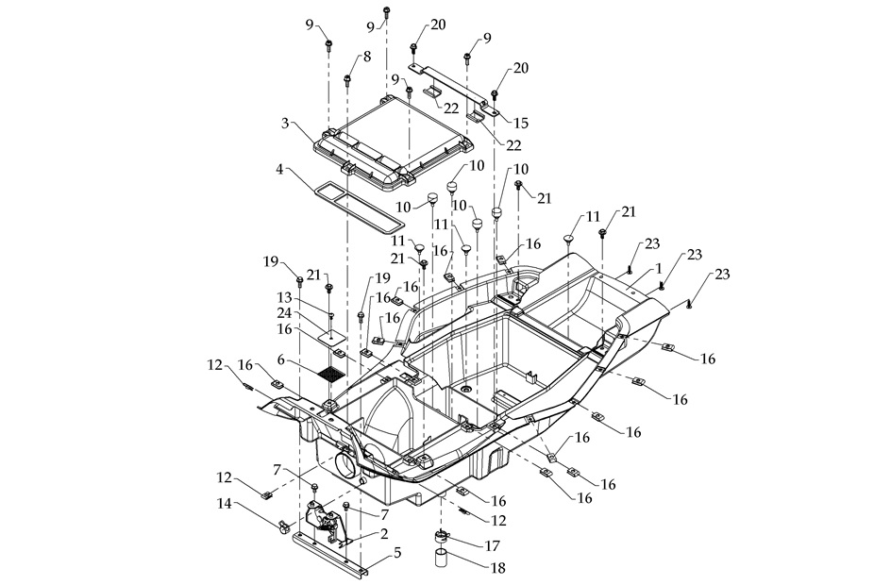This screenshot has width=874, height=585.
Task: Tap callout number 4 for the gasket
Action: click(280, 170)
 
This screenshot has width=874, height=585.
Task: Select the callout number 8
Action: click(366, 57)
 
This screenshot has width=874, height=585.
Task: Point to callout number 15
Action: click(521, 123)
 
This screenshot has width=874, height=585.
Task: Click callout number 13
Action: click(284, 296)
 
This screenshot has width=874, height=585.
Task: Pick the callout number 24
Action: click(284, 312)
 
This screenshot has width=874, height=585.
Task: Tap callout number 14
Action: click(224, 504)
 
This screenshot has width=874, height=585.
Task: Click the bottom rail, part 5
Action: click(330, 556)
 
